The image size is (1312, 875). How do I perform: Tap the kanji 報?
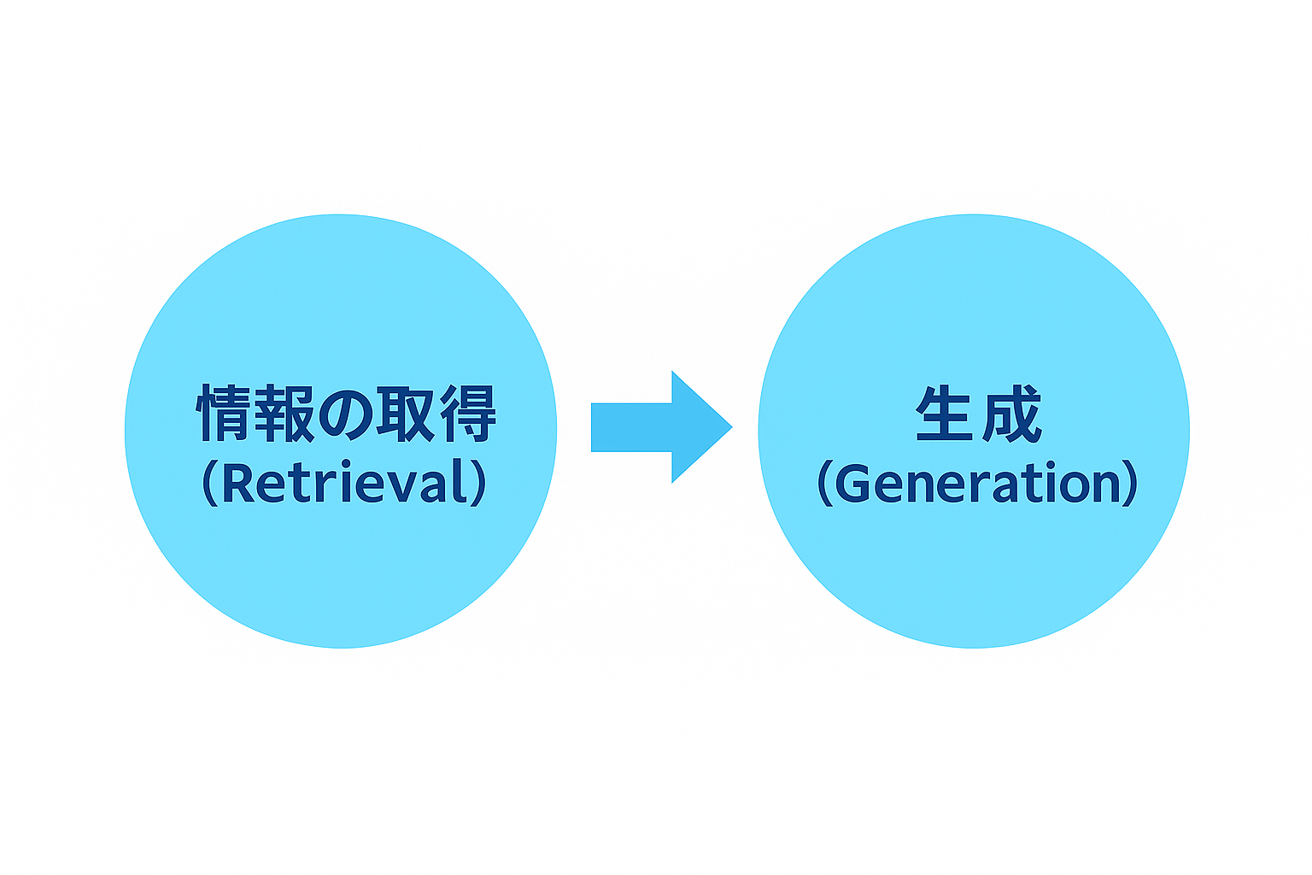[x=284, y=413]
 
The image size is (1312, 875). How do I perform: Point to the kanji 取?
[x=406, y=413]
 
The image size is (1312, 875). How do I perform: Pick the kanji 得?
[x=467, y=413]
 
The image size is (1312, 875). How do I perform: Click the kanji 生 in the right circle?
[x=944, y=413]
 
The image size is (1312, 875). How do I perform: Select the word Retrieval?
[x=345, y=482]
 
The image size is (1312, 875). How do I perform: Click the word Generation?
[x=977, y=483]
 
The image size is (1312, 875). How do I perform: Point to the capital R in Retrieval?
[x=238, y=483]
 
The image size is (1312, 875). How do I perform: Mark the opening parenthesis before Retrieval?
[x=209, y=483]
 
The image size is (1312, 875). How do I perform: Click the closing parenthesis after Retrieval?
[x=479, y=483]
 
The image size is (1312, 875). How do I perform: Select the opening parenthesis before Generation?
[x=824, y=483]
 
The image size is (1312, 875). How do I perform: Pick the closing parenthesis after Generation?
[x=1130, y=483]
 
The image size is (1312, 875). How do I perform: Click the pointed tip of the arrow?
[x=732, y=427]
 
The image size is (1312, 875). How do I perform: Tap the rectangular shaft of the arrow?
[x=631, y=427]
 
